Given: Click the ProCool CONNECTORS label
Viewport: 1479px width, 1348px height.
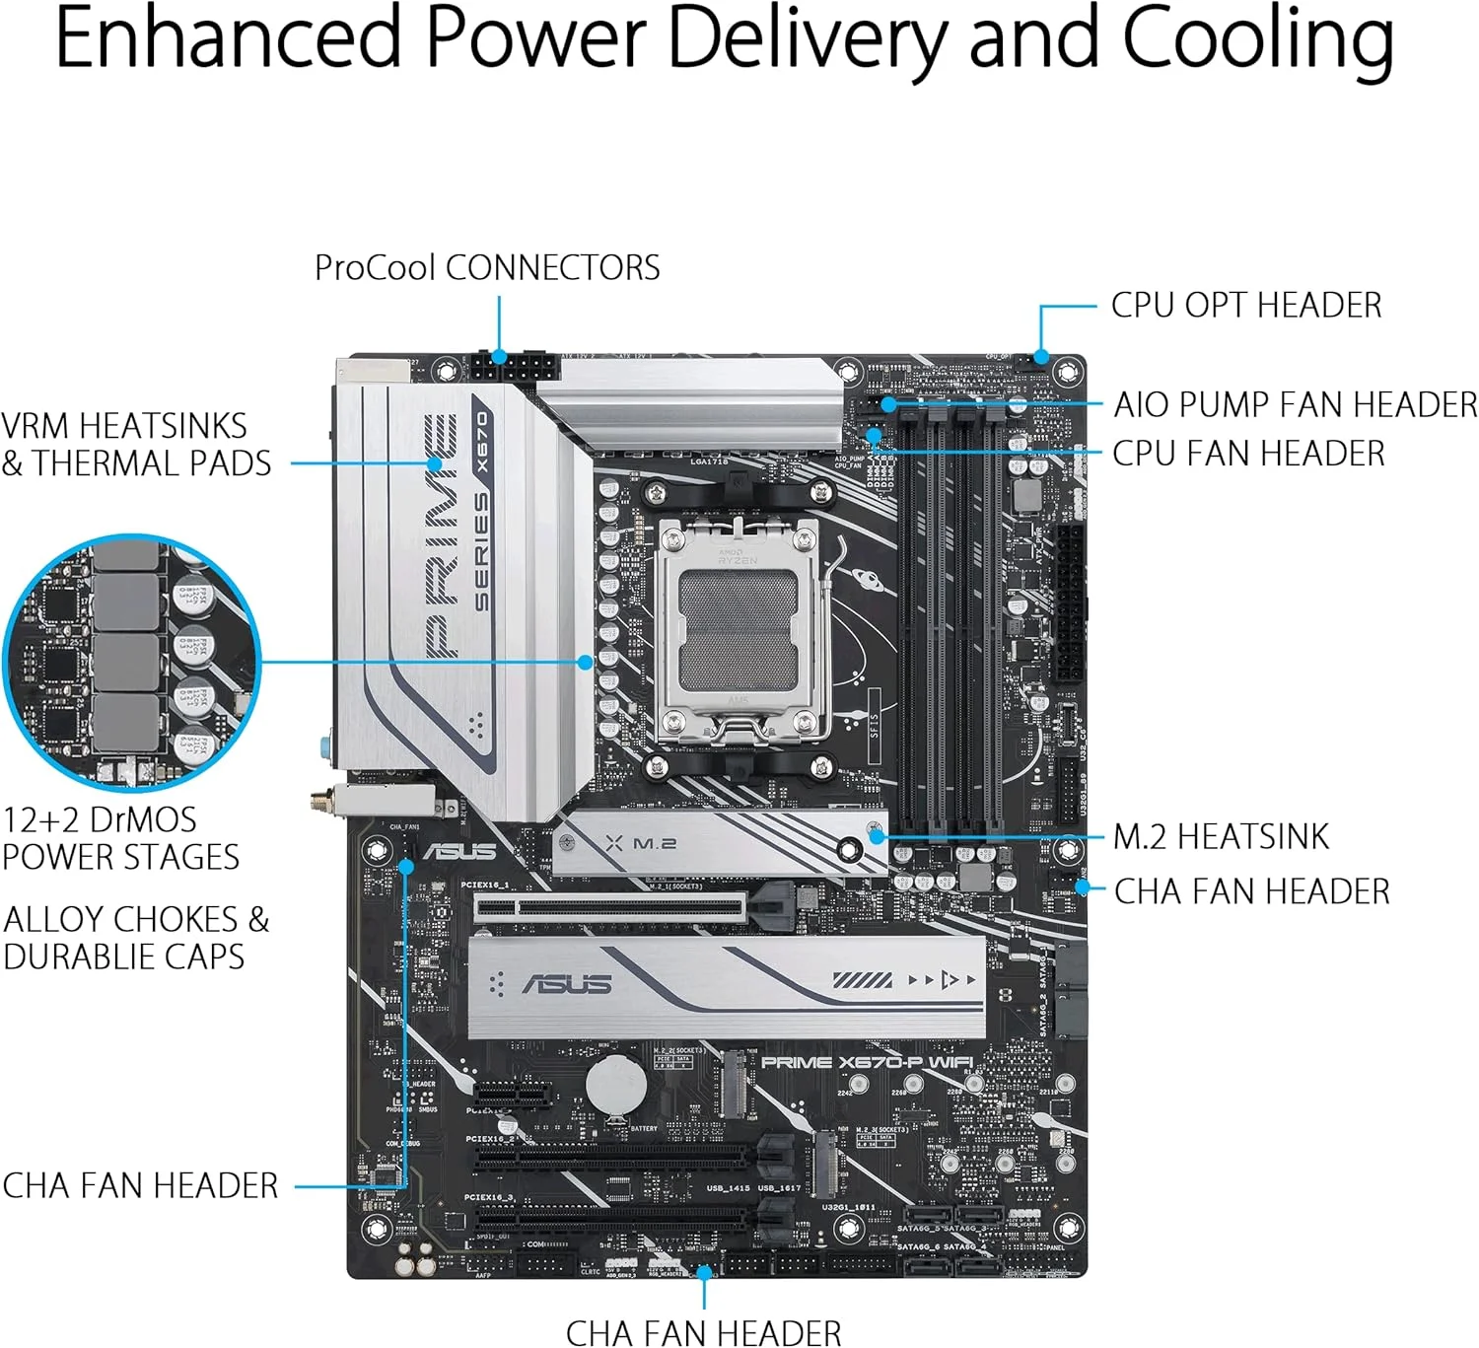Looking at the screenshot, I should (x=487, y=268).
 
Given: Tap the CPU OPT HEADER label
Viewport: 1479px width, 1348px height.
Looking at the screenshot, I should (x=1245, y=306).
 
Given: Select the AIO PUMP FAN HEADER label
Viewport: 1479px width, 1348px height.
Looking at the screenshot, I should (x=1295, y=404).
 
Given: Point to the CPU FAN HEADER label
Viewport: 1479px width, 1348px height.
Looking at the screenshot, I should (x=1248, y=454).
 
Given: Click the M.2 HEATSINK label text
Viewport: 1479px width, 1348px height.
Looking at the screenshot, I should (x=1221, y=837).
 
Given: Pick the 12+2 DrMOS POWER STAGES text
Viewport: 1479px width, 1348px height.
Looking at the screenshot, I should (x=120, y=838).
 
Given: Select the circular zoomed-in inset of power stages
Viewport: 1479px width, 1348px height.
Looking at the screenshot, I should (x=131, y=662).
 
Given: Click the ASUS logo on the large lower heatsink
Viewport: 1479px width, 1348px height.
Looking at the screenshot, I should (x=567, y=984).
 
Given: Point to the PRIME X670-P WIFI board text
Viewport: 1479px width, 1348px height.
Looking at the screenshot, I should (x=867, y=1062).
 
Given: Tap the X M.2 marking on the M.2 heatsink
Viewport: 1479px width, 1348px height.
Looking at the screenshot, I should (x=641, y=844).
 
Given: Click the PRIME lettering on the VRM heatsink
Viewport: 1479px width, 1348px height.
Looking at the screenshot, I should (x=442, y=537).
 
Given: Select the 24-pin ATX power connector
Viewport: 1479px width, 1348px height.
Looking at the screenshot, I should (x=1071, y=602).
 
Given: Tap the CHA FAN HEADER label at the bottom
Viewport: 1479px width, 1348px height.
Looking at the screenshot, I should (x=704, y=1333).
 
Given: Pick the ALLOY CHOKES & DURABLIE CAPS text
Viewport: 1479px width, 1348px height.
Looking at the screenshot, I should (x=136, y=938).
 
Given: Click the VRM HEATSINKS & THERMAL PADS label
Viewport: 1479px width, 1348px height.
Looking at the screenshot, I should (x=136, y=445).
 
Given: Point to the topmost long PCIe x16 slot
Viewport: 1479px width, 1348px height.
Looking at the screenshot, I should (x=611, y=908).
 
